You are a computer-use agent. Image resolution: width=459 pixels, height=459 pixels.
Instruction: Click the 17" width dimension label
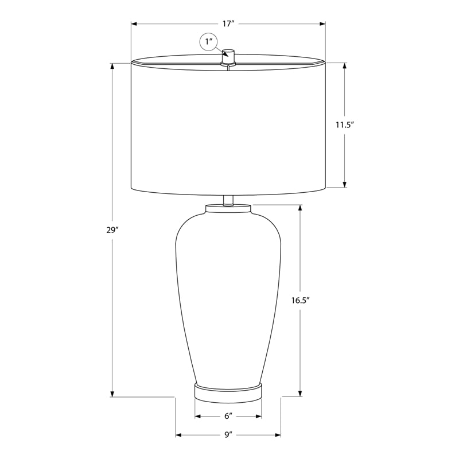tap(228, 24)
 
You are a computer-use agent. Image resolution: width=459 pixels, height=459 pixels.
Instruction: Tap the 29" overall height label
tap(112, 231)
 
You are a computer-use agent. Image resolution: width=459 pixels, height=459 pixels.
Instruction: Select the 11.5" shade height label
tap(345, 125)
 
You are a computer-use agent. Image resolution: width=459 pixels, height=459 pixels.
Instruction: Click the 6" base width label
tap(228, 417)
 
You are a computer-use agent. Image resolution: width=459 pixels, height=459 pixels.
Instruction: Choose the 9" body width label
tap(228, 435)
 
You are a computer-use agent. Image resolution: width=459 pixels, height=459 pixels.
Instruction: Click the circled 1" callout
tap(208, 41)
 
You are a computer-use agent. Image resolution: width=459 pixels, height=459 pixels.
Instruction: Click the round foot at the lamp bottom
tap(228, 391)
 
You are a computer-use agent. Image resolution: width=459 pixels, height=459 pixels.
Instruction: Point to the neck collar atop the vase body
tap(228, 208)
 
